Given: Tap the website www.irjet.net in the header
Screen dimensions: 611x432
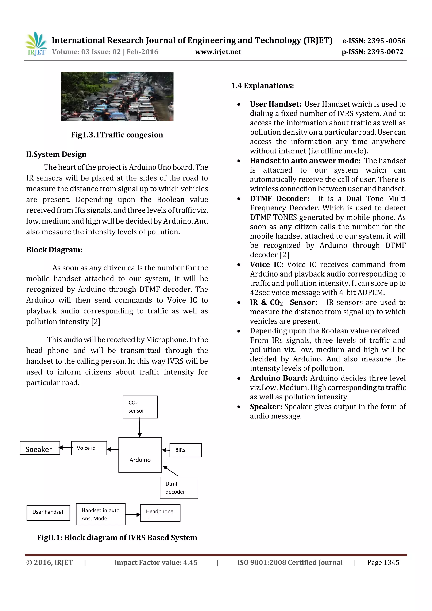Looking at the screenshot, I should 218,52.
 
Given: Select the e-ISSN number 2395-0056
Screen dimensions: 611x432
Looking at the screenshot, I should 374,41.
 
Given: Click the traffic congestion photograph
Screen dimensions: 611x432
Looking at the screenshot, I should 117,96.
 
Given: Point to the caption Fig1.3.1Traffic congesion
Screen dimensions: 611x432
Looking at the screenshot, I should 117,135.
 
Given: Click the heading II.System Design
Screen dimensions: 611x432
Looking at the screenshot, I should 56,154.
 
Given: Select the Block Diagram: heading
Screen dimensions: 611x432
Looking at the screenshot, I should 54,250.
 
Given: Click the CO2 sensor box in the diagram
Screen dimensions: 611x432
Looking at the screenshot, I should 140,407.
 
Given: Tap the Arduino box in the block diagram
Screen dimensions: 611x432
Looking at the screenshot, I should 140,455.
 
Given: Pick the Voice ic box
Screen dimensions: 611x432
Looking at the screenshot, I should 89,448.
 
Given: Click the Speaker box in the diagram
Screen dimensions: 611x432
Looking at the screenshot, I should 40,448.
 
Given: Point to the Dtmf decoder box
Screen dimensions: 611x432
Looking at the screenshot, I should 179,488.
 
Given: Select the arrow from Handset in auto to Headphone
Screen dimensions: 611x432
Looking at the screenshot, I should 132,514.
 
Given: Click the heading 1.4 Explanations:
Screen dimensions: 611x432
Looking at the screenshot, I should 262,86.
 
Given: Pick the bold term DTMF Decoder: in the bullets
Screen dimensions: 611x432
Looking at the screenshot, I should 279,198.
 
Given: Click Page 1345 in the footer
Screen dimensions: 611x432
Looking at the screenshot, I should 383,562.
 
